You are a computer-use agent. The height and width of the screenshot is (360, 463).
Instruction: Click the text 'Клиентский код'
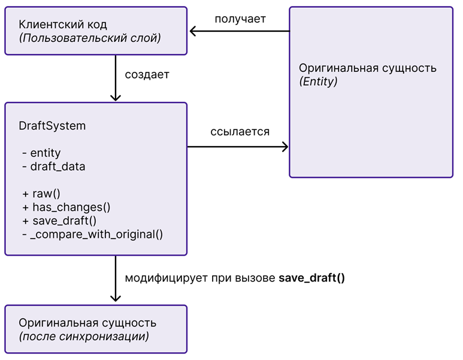point(63,25)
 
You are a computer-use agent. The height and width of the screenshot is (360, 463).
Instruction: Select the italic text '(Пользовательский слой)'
point(90,39)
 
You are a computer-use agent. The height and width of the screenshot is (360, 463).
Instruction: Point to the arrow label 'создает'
point(147,75)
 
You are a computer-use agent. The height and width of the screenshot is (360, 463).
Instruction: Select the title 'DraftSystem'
point(52,126)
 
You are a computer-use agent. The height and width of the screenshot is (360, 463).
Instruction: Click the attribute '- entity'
point(41,153)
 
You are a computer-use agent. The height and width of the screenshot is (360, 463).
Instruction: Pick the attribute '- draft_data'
point(53,167)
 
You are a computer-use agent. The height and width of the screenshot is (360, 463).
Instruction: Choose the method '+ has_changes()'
point(66,207)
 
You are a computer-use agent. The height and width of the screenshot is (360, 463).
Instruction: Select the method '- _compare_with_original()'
point(92,234)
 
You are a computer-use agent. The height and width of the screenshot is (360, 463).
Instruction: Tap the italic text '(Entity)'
point(318,81)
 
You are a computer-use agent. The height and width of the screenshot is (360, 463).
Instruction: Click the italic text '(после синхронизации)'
point(83,337)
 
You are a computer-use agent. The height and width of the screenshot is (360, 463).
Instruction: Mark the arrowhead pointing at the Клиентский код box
point(193,31)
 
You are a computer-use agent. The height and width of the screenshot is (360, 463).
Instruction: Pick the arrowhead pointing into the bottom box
point(116,298)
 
